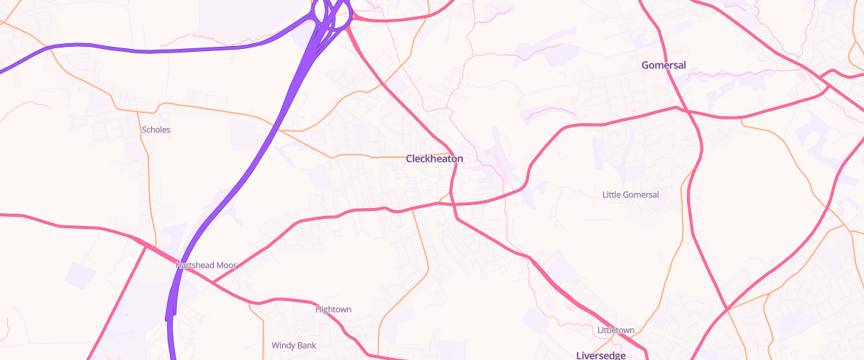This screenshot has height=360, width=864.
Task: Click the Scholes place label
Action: [156, 130]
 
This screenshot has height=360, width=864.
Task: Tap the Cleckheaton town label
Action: [434, 158]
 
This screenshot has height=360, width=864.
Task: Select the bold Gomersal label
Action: [664, 66]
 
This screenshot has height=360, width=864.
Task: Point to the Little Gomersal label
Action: [631, 194]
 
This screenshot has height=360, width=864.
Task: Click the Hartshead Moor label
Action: [206, 265]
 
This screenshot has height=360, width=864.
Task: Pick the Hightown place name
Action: [333, 310]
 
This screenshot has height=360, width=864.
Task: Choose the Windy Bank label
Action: [294, 346]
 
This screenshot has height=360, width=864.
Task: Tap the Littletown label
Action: [616, 330]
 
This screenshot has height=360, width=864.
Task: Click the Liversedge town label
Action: [601, 356]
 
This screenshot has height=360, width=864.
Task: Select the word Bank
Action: [306, 346]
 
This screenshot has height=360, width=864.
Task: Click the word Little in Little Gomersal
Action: [612, 194]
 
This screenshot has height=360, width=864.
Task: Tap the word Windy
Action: [283, 346]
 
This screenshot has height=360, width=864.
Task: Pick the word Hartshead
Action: [193, 265]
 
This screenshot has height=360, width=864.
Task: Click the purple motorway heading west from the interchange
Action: [144, 51]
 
